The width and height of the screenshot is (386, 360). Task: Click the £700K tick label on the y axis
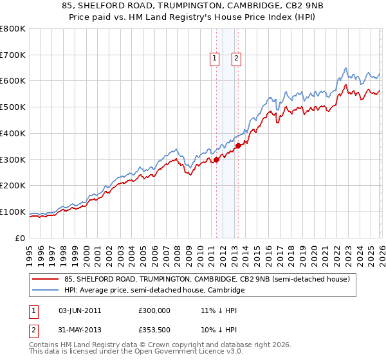click(x=13, y=55)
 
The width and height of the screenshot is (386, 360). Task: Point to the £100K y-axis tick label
click(x=13, y=212)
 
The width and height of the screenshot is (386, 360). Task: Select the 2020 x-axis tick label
click(x=314, y=255)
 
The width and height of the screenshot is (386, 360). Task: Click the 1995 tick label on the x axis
click(x=30, y=255)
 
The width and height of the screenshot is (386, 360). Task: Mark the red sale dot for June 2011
click(x=216, y=159)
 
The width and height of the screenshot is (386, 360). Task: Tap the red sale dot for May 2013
click(x=239, y=145)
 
